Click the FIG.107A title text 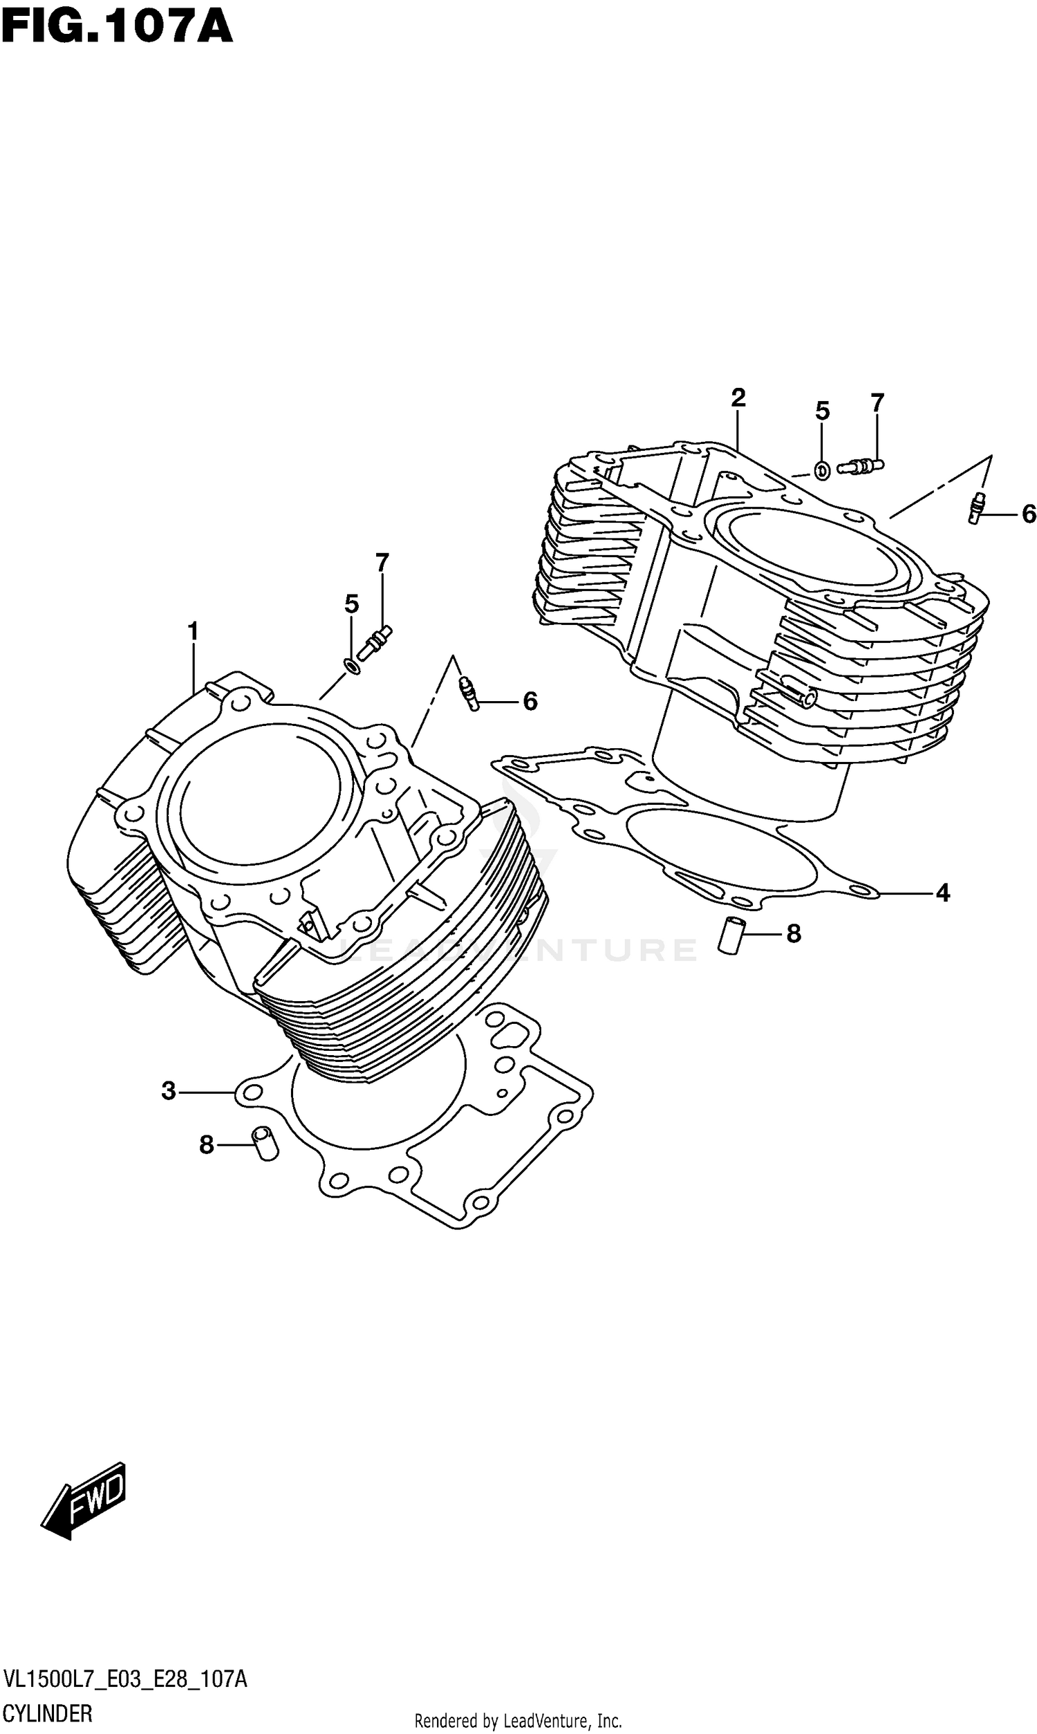tap(116, 28)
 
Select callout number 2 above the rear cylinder tap(738, 398)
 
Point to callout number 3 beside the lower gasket tap(169, 1090)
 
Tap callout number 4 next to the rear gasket tap(943, 892)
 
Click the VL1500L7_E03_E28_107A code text tap(124, 1679)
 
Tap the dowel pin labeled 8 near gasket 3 tap(265, 1144)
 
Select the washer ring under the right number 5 tap(823, 471)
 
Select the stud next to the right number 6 tap(978, 508)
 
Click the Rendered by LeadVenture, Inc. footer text tap(518, 1720)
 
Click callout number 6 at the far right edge tap(1028, 515)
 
